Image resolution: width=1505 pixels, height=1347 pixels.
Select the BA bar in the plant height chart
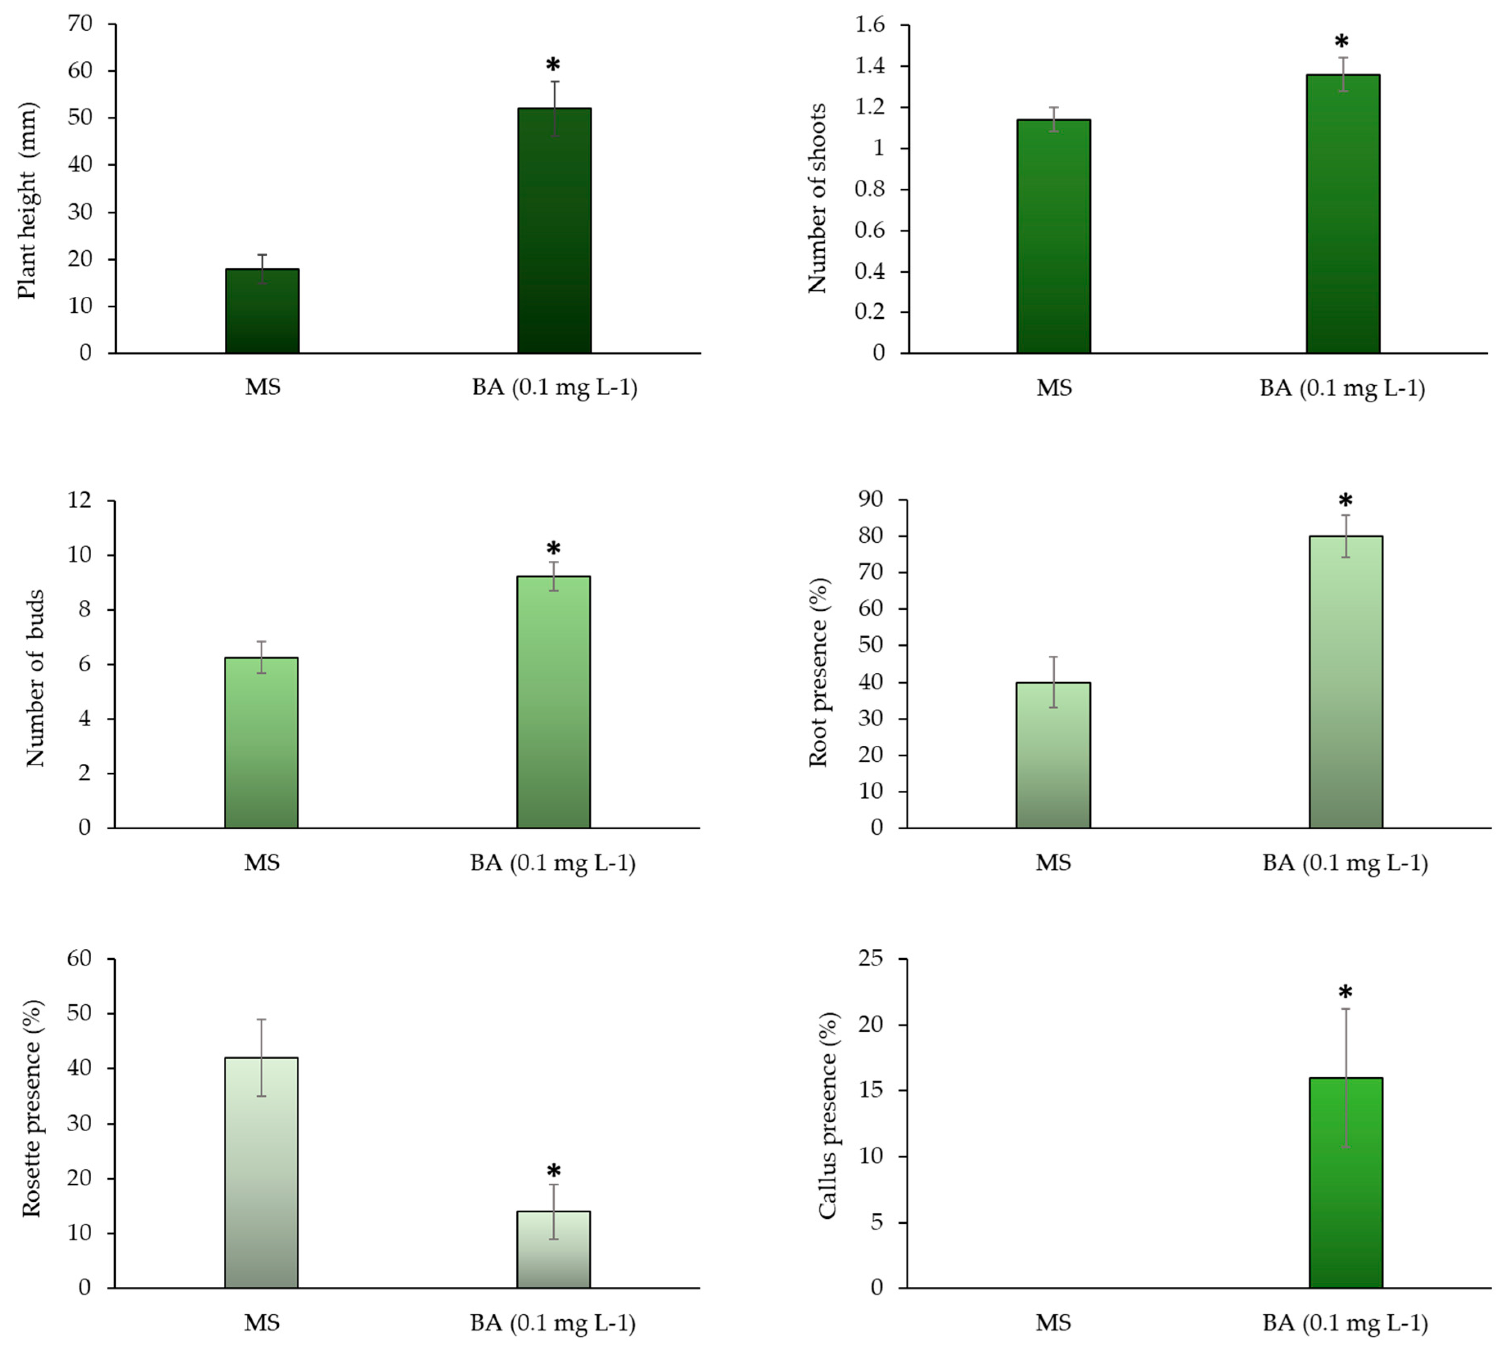[x=554, y=231]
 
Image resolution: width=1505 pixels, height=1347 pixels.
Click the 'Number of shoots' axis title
[x=817, y=199]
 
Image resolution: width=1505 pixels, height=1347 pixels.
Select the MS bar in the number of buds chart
[x=261, y=743]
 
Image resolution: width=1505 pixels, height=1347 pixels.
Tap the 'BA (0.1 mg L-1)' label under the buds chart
[x=553, y=863]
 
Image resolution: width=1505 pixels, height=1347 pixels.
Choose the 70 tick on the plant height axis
[x=81, y=25]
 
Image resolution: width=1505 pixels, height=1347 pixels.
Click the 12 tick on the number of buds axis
[x=81, y=501]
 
